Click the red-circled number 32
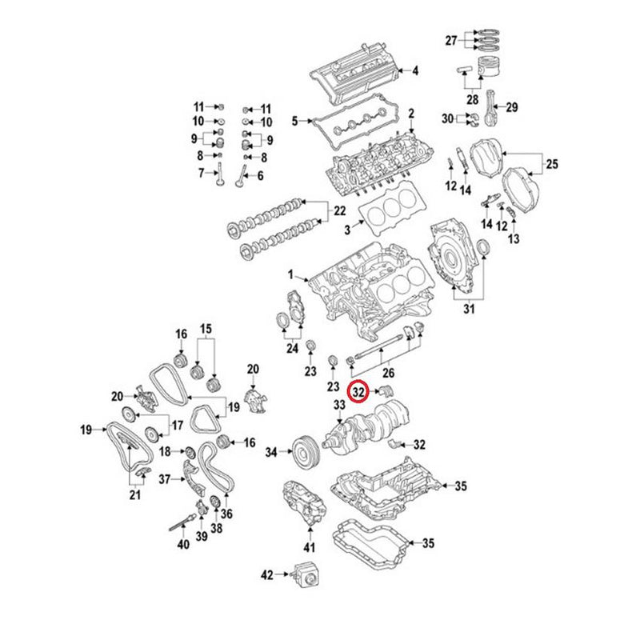point(359,392)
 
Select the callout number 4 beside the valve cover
point(414,70)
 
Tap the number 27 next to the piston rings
point(451,41)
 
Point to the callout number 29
point(512,108)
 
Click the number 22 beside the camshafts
point(339,211)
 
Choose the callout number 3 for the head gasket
point(348,230)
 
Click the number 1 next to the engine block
point(292,274)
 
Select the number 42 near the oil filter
point(267,574)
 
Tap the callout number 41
point(310,548)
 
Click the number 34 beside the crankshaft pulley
point(271,453)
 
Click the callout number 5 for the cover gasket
point(294,122)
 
